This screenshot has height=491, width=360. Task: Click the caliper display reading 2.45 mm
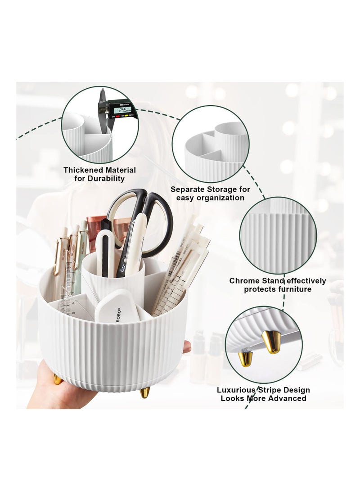122,110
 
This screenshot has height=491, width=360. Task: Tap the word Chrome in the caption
244,281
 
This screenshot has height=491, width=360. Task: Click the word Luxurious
237,390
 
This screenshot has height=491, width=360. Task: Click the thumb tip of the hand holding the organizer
186,347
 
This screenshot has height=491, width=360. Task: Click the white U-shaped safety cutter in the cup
104,252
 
